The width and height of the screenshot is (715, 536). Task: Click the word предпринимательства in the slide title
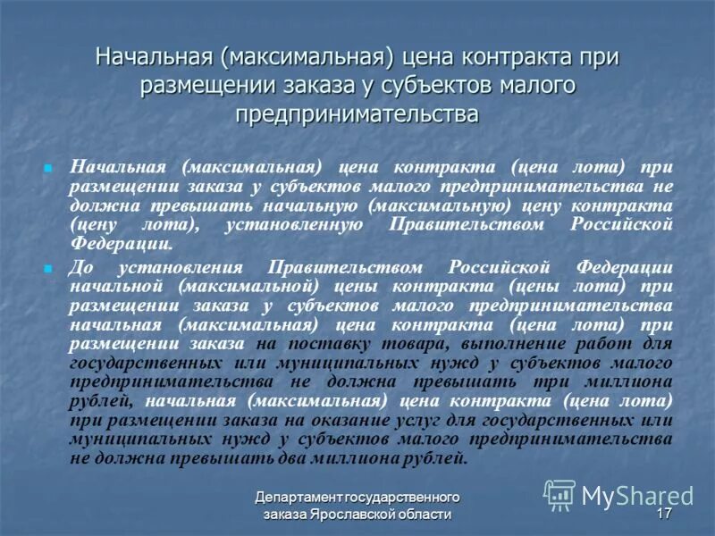click(x=357, y=115)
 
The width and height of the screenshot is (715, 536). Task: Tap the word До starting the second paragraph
click(x=82, y=267)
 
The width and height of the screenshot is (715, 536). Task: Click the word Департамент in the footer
click(x=300, y=497)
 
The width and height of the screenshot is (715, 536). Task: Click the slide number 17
click(x=664, y=515)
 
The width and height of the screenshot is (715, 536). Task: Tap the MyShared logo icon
click(x=560, y=495)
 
